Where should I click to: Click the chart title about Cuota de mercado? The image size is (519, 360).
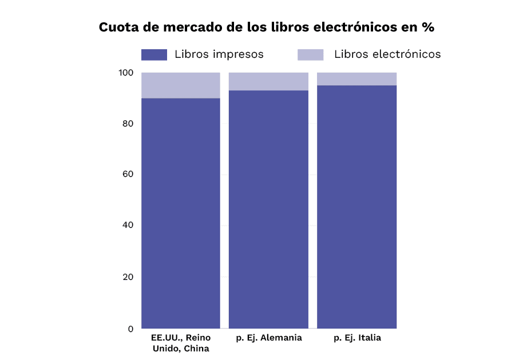point(267,27)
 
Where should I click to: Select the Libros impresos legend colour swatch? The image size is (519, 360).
point(154,54)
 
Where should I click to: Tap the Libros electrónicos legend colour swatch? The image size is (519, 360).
point(310,54)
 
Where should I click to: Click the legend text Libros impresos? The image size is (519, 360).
point(219,54)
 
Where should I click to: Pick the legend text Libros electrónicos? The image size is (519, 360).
point(387,54)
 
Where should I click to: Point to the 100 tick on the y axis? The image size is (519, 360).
point(126,73)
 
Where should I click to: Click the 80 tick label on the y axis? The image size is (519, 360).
point(128,124)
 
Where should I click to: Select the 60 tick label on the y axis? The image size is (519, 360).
point(128,175)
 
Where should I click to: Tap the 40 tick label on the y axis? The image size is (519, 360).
point(128,226)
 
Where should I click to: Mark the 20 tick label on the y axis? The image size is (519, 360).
point(128,277)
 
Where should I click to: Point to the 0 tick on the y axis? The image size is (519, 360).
point(130,329)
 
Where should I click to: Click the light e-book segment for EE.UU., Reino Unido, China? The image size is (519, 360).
point(181,85)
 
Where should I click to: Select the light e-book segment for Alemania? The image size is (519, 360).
point(268,81)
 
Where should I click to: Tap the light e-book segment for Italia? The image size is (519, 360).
point(356,79)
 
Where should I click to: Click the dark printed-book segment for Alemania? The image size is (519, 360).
point(268,209)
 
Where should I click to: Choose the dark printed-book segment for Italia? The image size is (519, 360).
point(356,207)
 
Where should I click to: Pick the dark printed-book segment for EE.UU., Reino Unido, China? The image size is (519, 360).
point(181,213)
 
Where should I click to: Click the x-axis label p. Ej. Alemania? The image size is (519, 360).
point(268,338)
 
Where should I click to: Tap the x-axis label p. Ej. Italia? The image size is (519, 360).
point(357,338)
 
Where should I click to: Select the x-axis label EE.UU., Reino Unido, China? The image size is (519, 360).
point(181,343)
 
